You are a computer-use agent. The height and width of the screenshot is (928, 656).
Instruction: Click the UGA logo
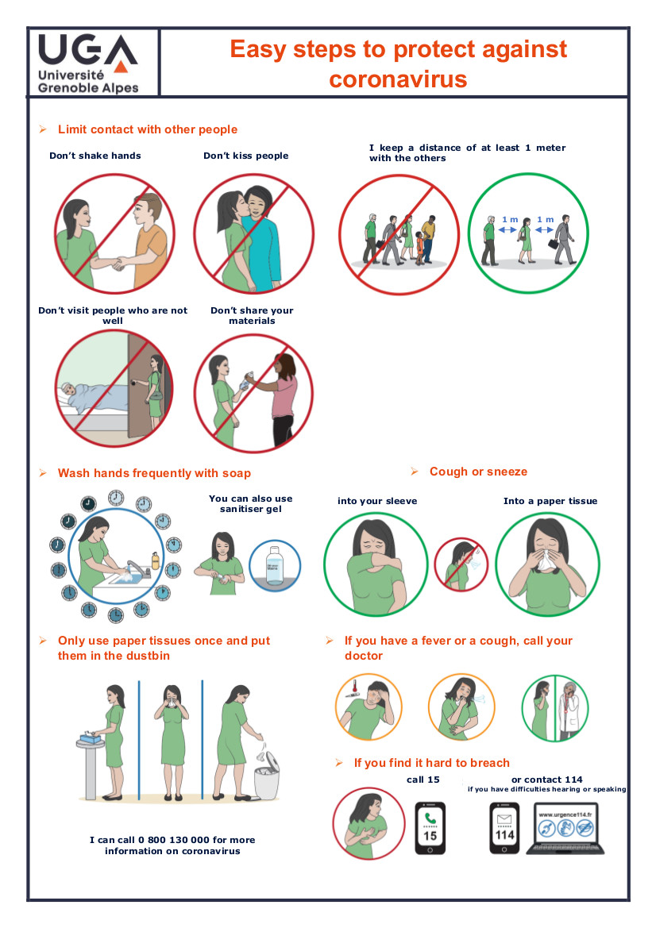88,64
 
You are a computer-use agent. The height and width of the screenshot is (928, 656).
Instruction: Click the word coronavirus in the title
399,79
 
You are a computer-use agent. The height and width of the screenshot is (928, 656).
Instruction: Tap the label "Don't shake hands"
95,156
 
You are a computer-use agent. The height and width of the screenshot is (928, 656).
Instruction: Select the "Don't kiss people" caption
245,156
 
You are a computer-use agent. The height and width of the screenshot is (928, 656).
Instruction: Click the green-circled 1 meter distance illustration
527,233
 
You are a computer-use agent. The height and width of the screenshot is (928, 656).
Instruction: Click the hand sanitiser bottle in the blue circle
275,566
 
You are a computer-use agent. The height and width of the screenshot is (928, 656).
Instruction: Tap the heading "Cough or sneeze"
478,472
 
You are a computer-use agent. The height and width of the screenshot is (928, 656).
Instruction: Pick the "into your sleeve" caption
377,501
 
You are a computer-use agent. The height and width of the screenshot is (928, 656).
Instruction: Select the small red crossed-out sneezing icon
461,564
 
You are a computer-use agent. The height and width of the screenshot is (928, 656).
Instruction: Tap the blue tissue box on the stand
91,737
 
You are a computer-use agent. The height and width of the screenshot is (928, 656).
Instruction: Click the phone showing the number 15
430,828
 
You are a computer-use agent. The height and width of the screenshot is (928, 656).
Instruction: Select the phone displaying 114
504,828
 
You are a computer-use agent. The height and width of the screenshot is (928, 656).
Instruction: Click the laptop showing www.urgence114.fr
565,828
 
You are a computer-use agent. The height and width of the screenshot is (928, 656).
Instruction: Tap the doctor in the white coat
570,710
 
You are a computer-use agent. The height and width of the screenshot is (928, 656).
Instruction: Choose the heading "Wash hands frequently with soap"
155,473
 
